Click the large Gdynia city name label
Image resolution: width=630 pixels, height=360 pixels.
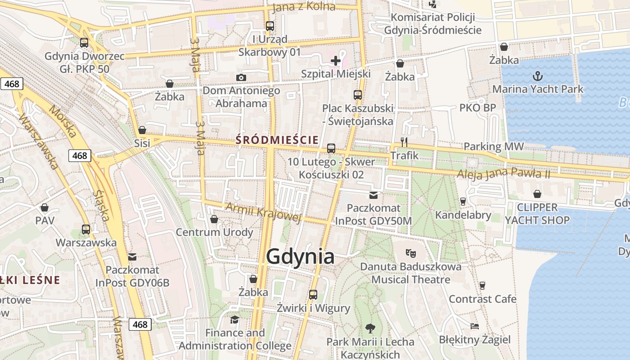[300, 256]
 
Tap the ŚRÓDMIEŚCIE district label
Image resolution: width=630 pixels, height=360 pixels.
[277, 140]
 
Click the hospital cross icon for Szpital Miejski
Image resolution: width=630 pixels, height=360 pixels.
[336, 60]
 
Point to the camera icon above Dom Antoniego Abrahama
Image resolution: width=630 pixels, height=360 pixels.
[241, 77]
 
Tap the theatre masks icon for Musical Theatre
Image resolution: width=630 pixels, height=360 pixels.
[410, 253]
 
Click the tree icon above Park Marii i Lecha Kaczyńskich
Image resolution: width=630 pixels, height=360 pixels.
[370, 328]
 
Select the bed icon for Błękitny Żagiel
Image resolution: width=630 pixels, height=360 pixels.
[474, 326]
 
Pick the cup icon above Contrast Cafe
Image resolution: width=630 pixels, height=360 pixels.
[482, 285]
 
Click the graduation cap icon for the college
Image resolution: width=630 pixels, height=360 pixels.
[234, 319]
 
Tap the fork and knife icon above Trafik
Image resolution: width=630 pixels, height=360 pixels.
[404, 142]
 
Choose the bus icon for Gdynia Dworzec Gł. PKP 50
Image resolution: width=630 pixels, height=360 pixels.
[84, 43]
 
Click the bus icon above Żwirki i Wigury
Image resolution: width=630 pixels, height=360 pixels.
[313, 295]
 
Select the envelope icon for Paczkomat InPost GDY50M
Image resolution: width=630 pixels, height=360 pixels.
[373, 195]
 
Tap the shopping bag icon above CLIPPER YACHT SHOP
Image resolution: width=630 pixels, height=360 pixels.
[537, 194]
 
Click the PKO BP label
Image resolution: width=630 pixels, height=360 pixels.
[477, 108]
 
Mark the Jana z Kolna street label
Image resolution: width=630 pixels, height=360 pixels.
[304, 6]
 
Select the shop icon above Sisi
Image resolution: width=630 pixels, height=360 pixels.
[142, 130]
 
